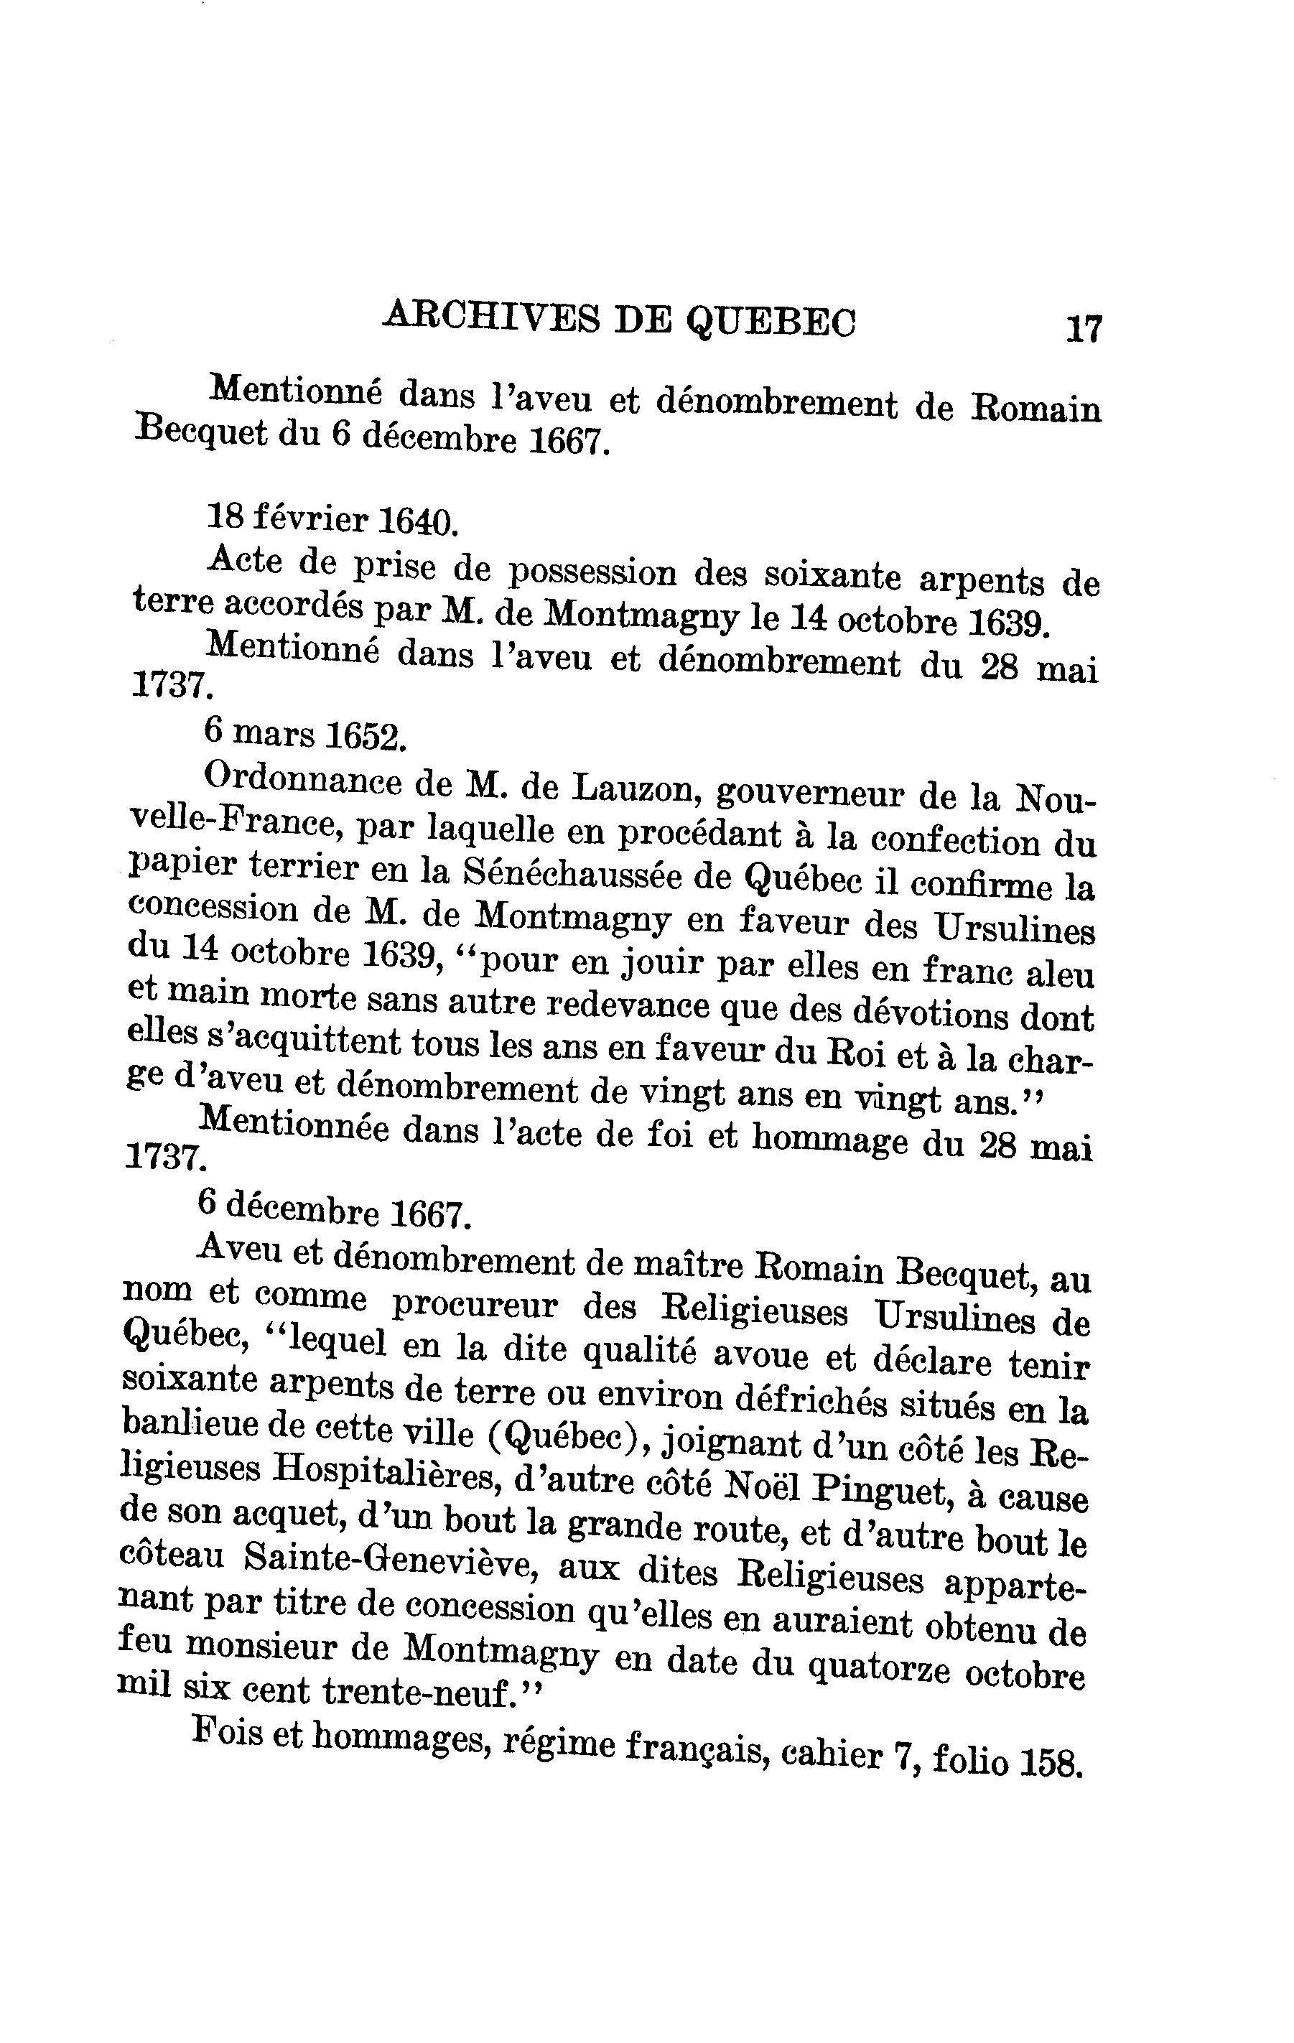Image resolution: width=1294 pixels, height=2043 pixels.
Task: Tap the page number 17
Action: point(1084,328)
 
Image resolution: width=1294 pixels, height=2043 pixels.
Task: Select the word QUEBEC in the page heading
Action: point(771,322)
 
